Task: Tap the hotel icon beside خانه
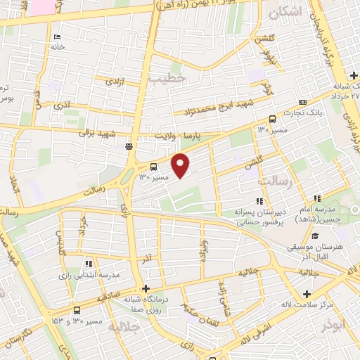coord(56,37)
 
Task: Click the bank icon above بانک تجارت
coord(302,103)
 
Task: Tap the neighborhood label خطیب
coord(170,79)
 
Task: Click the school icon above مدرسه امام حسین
coord(318,199)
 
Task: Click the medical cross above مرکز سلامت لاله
coord(306,294)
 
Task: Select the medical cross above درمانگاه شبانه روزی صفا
coord(146,288)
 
